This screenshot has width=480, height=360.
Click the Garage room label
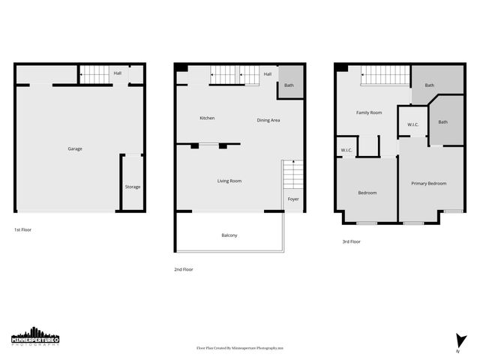point(75,148)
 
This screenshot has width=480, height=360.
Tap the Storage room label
point(132,187)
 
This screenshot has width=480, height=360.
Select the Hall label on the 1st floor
point(118,73)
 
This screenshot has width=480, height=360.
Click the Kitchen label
point(207,118)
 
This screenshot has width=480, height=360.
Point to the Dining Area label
point(268,120)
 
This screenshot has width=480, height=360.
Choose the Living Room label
point(229,181)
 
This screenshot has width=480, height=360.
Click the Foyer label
point(293,199)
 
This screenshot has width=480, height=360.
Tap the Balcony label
point(229,235)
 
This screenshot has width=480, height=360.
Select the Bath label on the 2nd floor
point(289,85)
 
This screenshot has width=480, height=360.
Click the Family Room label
point(369,112)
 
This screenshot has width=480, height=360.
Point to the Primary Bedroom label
point(428,184)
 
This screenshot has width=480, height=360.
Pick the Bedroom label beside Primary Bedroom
point(367,193)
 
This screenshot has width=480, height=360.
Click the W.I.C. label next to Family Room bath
point(412,124)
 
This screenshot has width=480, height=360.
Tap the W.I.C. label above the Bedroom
point(346,150)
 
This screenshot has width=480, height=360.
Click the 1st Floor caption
point(23,229)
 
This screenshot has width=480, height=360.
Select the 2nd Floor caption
point(184,269)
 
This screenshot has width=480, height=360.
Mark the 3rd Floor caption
point(351,241)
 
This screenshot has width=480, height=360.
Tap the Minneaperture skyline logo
point(35,337)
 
